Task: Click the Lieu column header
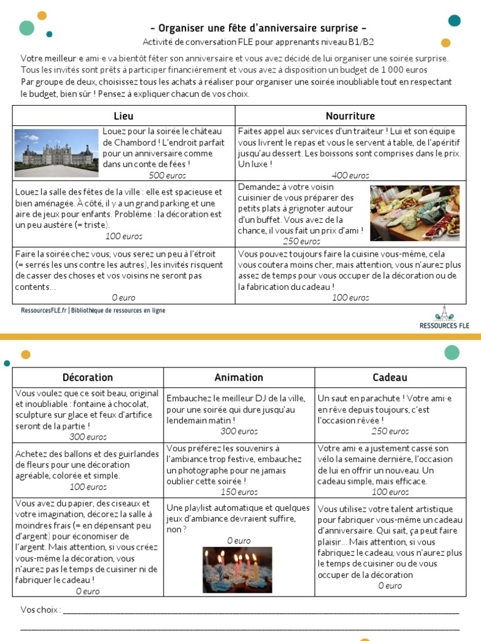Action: [123, 116]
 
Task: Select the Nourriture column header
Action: [350, 116]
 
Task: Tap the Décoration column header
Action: [88, 377]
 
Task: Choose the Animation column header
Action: [239, 377]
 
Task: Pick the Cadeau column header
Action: [390, 377]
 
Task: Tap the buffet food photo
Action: [415, 213]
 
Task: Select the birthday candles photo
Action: [238, 570]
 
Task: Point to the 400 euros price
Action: [350, 175]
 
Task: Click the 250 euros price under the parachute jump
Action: [390, 431]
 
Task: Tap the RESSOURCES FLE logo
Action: [445, 317]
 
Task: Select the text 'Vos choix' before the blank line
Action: [40, 610]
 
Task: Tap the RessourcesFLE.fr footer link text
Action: [44, 310]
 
